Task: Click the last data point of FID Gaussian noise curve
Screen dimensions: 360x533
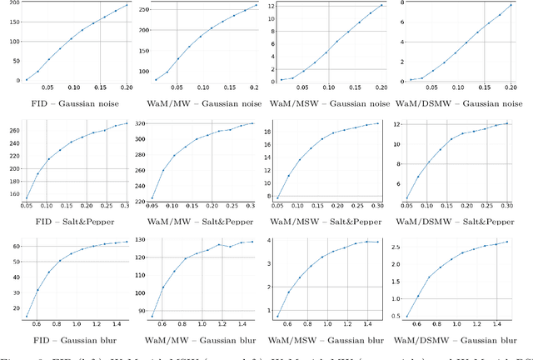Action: pos(127,5)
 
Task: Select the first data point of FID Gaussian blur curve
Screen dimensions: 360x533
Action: pos(27,316)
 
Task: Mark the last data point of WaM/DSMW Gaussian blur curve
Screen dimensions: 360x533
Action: pos(508,241)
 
